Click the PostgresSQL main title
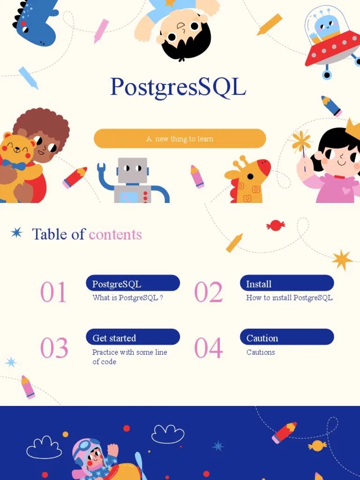tap(178, 87)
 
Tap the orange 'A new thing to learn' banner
tap(180, 139)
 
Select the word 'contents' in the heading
tap(115, 234)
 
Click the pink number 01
tap(53, 292)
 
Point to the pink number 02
tap(208, 292)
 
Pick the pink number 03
tap(54, 348)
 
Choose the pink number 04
tap(208, 348)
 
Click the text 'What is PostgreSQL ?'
tap(127, 298)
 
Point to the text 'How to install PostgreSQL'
tap(289, 298)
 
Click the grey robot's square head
tap(132, 170)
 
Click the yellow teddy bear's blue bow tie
tap(13, 165)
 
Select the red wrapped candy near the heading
tap(275, 225)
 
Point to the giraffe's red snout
tap(264, 167)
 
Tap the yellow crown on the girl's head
tap(352, 129)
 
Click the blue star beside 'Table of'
tap(17, 232)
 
